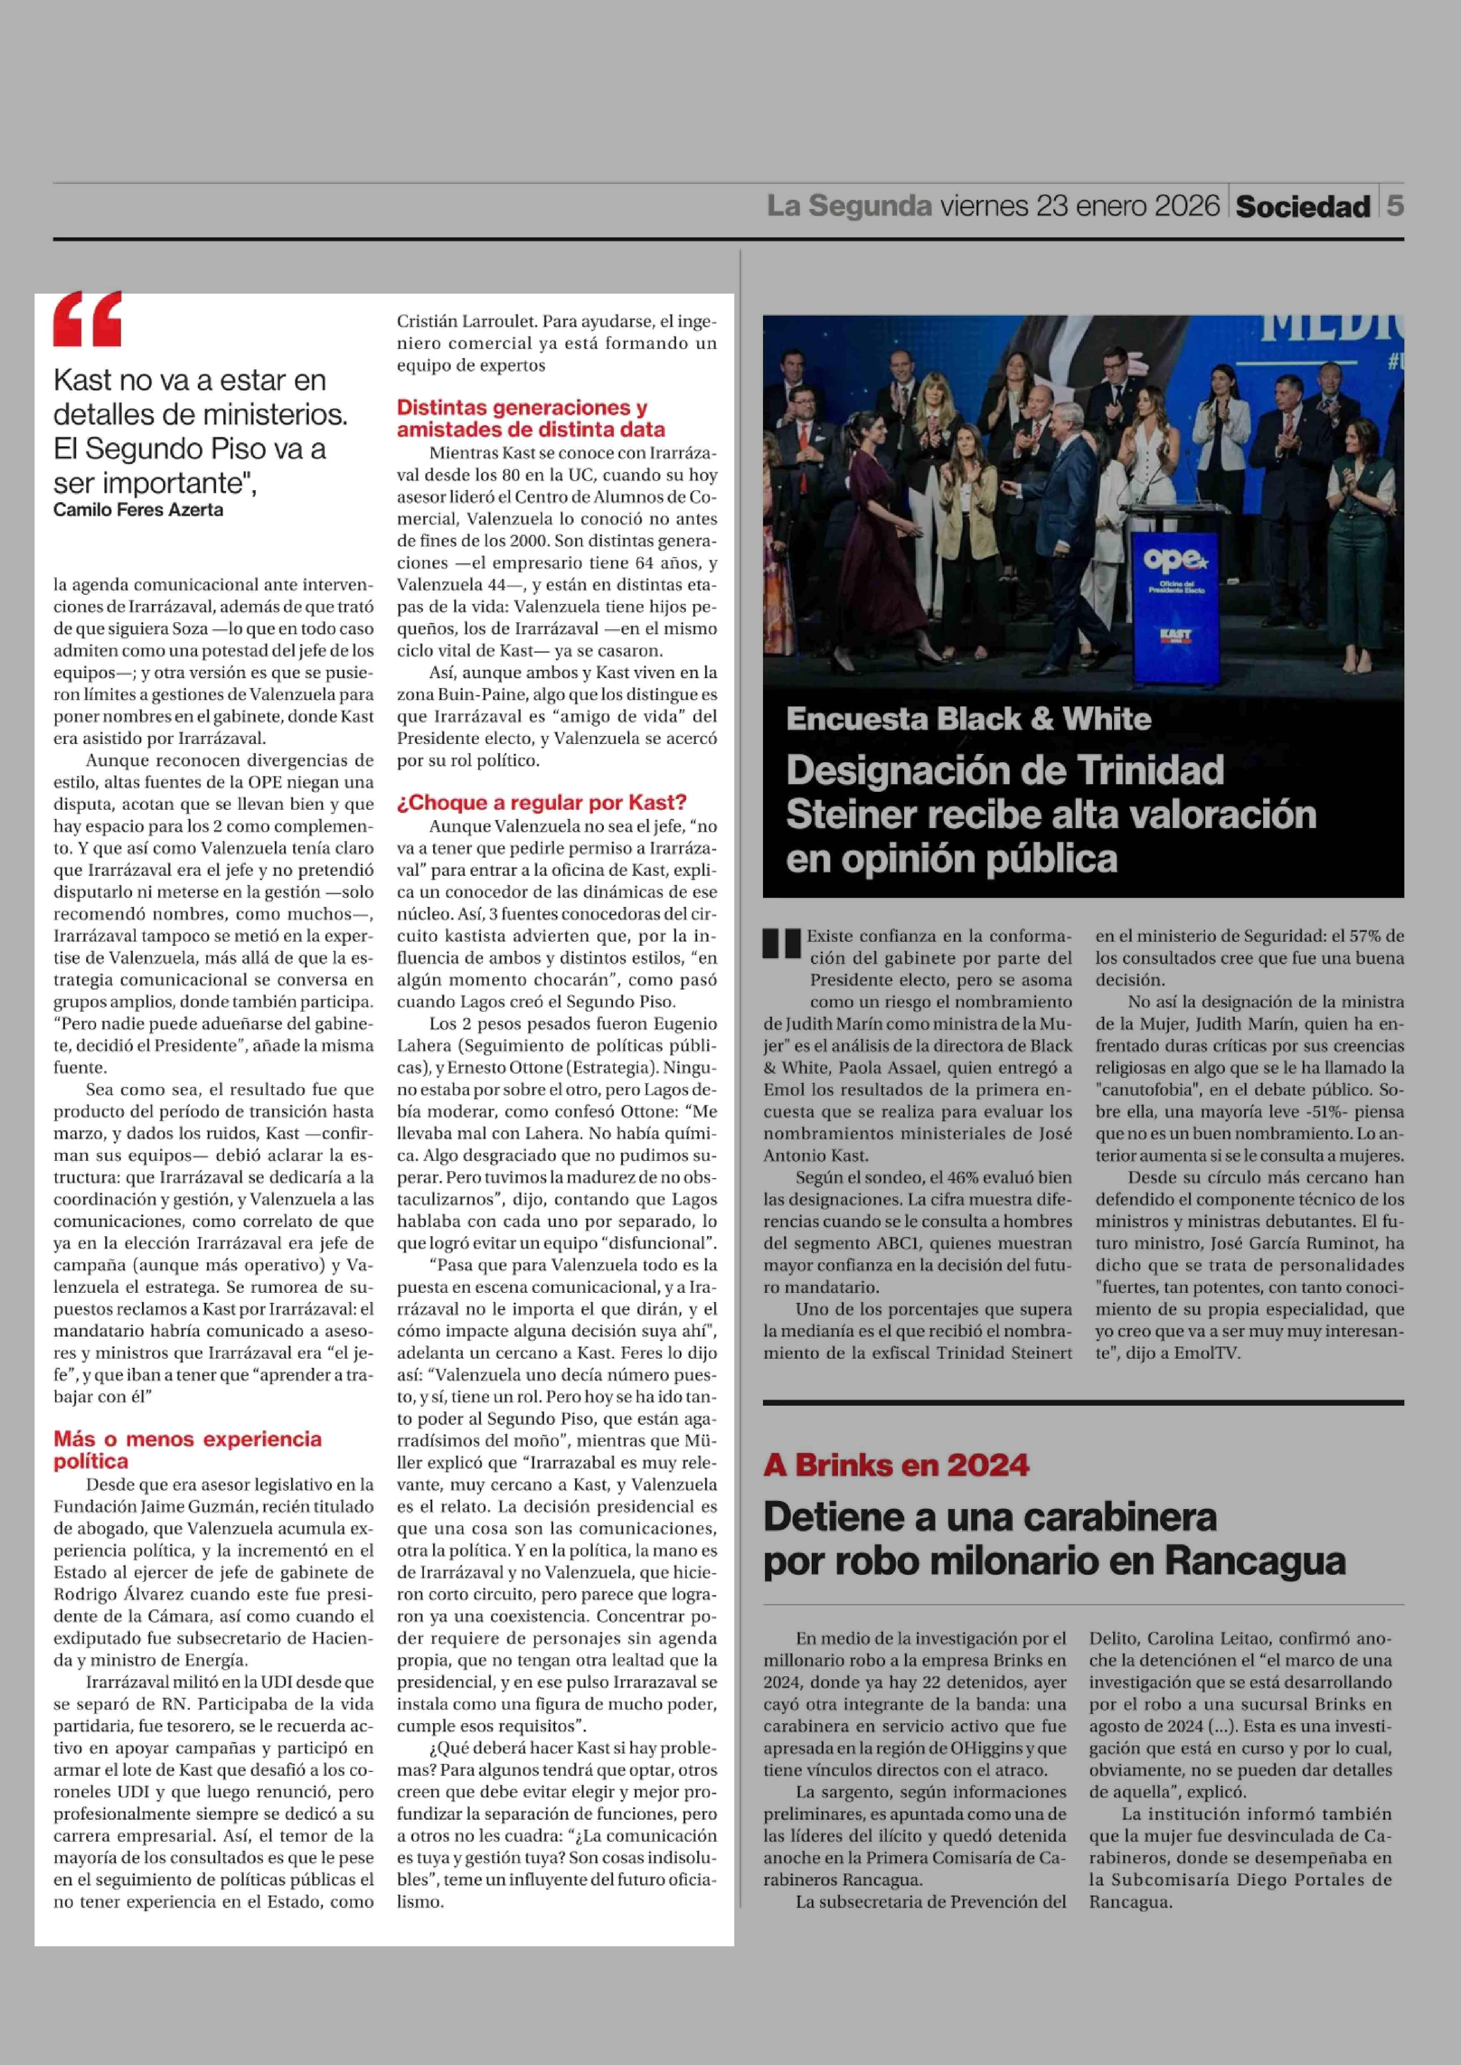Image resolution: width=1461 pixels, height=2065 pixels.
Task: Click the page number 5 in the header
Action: point(1394,206)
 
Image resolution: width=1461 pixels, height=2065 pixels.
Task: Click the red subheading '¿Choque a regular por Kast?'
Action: point(541,803)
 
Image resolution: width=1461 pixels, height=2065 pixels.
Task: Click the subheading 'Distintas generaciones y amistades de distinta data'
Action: point(531,419)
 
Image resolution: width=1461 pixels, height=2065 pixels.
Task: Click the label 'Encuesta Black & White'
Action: point(968,719)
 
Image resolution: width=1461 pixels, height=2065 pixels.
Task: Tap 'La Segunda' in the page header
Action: point(848,206)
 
